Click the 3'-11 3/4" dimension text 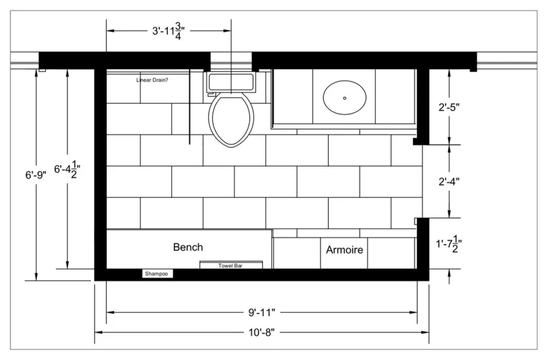pos(168,31)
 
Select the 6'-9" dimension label pos(36,175)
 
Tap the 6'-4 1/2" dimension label pos(67,169)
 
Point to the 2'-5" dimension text pos(449,107)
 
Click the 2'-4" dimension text pos(449,181)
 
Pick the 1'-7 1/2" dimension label pos(449,243)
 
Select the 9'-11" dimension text pos(262,312)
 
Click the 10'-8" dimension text pos(262,332)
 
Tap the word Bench pos(188,247)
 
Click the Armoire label pos(345,249)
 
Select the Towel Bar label pos(230,266)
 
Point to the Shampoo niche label pos(156,273)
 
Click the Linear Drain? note pos(152,80)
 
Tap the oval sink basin pos(345,98)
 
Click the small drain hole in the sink pos(345,98)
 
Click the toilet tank pos(231,83)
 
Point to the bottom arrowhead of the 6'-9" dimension pos(36,277)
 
